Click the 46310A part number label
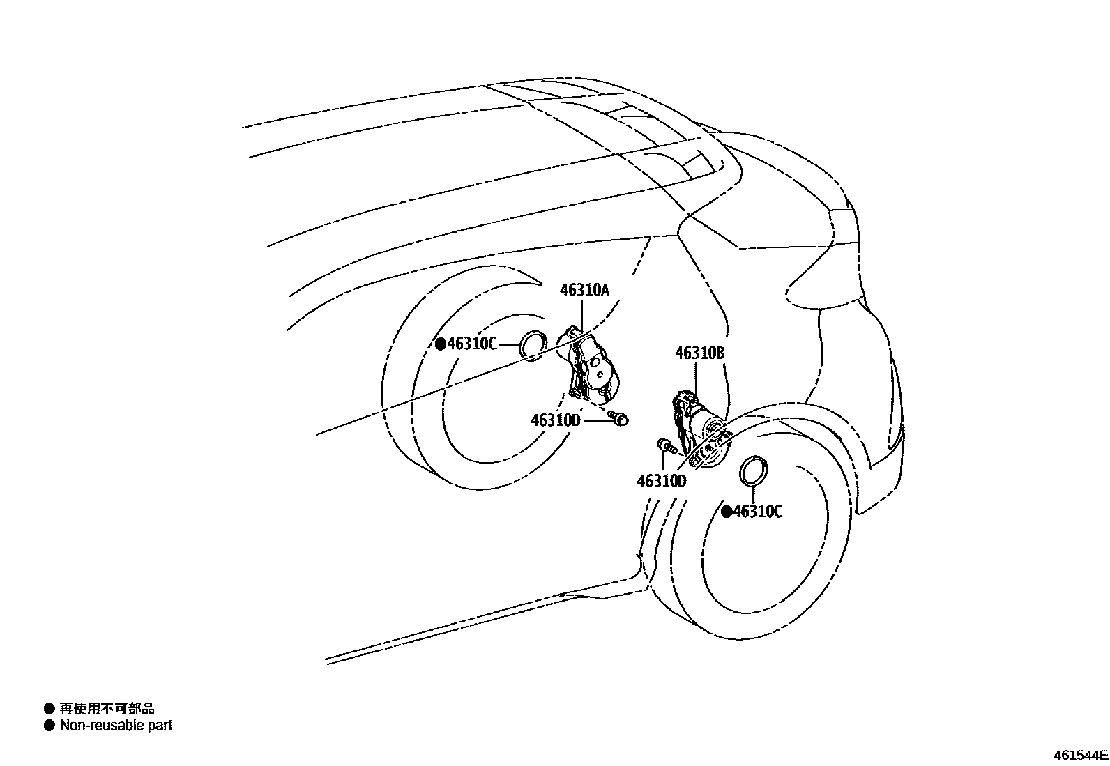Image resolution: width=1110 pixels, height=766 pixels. (x=584, y=290)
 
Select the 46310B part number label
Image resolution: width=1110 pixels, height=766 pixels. (x=699, y=353)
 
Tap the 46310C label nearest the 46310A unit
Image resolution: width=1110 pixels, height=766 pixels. (x=472, y=344)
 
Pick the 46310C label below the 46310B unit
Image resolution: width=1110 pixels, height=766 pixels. (x=758, y=512)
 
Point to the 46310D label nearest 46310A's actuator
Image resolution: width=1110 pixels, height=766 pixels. (x=556, y=420)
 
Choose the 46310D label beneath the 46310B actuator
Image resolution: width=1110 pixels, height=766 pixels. (x=661, y=481)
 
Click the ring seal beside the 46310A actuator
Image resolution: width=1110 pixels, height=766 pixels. (x=535, y=344)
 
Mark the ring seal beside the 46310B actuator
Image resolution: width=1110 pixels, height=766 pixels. (x=754, y=470)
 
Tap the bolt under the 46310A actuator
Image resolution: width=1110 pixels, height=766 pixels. (x=618, y=418)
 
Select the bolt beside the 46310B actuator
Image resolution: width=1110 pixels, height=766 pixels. (x=665, y=445)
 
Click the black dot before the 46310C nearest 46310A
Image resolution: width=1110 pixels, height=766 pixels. (x=441, y=344)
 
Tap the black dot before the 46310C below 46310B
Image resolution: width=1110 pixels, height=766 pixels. (x=727, y=512)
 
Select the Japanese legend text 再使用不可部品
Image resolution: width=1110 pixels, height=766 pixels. (x=107, y=709)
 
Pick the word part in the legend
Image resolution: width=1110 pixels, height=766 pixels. (x=160, y=726)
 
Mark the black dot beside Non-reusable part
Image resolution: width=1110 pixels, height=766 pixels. (x=49, y=726)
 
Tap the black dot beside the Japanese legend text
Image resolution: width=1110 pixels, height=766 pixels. (x=49, y=709)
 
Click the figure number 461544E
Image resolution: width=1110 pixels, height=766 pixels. (x=1080, y=755)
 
